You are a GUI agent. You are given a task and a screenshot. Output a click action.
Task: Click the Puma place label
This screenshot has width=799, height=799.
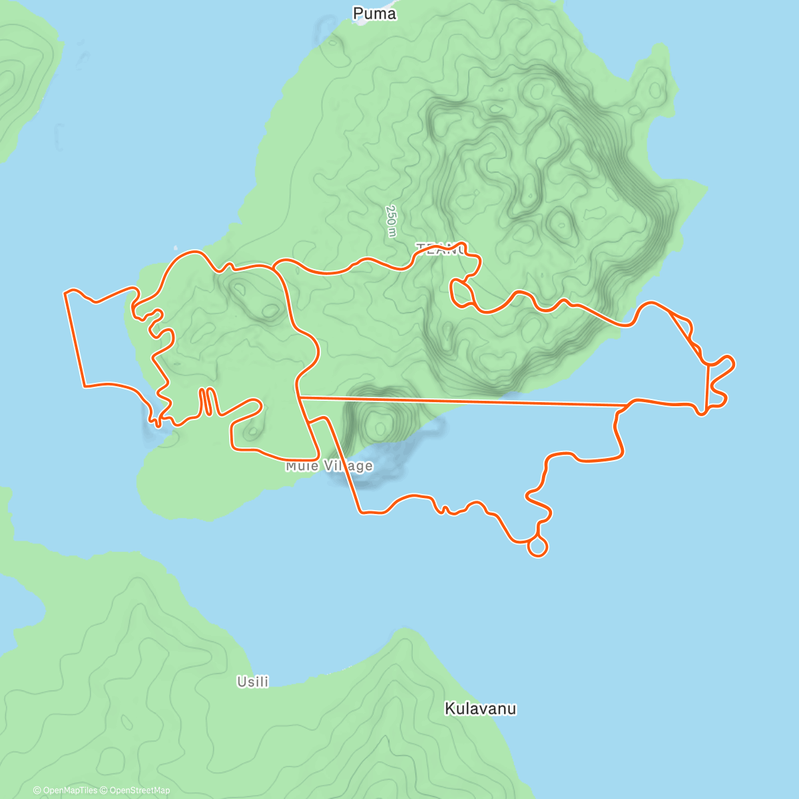click(374, 13)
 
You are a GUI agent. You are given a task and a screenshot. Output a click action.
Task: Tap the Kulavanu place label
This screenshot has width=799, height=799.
click(480, 708)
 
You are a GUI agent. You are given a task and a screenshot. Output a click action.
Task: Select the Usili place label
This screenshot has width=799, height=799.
click(253, 682)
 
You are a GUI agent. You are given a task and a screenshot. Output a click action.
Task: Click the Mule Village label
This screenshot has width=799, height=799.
click(329, 466)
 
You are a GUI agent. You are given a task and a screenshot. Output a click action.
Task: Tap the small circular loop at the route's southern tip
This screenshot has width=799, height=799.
click(537, 547)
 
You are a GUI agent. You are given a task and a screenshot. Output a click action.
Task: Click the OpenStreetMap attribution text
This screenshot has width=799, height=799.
click(140, 790)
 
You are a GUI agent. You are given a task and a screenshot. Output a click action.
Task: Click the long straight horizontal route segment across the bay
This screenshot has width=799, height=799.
click(466, 401)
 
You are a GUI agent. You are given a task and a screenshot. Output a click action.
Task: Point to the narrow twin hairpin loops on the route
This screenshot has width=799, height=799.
click(207, 401)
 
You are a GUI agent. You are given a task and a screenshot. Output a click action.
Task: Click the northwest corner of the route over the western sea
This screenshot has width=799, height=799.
click(65, 292)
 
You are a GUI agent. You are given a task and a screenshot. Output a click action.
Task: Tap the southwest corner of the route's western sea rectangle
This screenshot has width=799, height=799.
click(84, 386)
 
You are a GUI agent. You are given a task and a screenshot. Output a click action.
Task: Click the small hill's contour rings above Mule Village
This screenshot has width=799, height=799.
click(378, 423)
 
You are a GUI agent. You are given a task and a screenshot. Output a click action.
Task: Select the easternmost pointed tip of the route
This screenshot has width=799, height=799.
click(734, 363)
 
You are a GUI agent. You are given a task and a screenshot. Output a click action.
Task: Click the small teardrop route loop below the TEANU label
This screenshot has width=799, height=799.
click(459, 292)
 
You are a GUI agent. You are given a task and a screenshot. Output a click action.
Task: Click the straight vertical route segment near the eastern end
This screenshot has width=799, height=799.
click(707, 386)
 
